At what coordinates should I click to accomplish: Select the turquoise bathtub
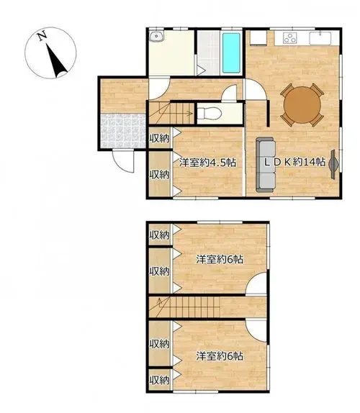coord(231,53)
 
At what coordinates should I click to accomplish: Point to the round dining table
coord(302,104)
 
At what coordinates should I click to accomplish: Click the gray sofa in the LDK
coord(266,165)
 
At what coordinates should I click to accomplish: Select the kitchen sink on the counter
coord(320,38)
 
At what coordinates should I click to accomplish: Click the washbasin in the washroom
coord(156,36)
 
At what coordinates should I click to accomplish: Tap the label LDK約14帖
coord(294,162)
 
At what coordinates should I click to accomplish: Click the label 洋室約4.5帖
coord(207,163)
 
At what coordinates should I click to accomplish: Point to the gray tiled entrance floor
coord(123,131)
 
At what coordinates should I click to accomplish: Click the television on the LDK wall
coord(333,164)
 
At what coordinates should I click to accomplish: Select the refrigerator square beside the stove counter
coord(258,37)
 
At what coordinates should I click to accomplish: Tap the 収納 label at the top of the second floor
coord(159,235)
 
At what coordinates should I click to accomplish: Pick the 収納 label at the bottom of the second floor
coord(159,380)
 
